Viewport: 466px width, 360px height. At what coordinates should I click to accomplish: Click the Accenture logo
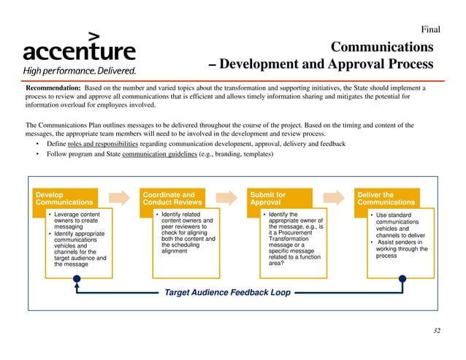(79, 48)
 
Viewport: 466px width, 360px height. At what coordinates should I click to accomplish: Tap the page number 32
(437, 332)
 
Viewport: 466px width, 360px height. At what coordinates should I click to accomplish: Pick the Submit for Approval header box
(280, 199)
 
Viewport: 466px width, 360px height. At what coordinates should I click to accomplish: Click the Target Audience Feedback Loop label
(227, 293)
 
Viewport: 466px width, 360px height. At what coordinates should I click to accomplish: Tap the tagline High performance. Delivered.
(79, 71)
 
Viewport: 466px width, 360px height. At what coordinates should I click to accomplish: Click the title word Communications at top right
(383, 47)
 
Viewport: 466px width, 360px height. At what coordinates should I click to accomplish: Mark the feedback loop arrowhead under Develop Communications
(76, 280)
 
